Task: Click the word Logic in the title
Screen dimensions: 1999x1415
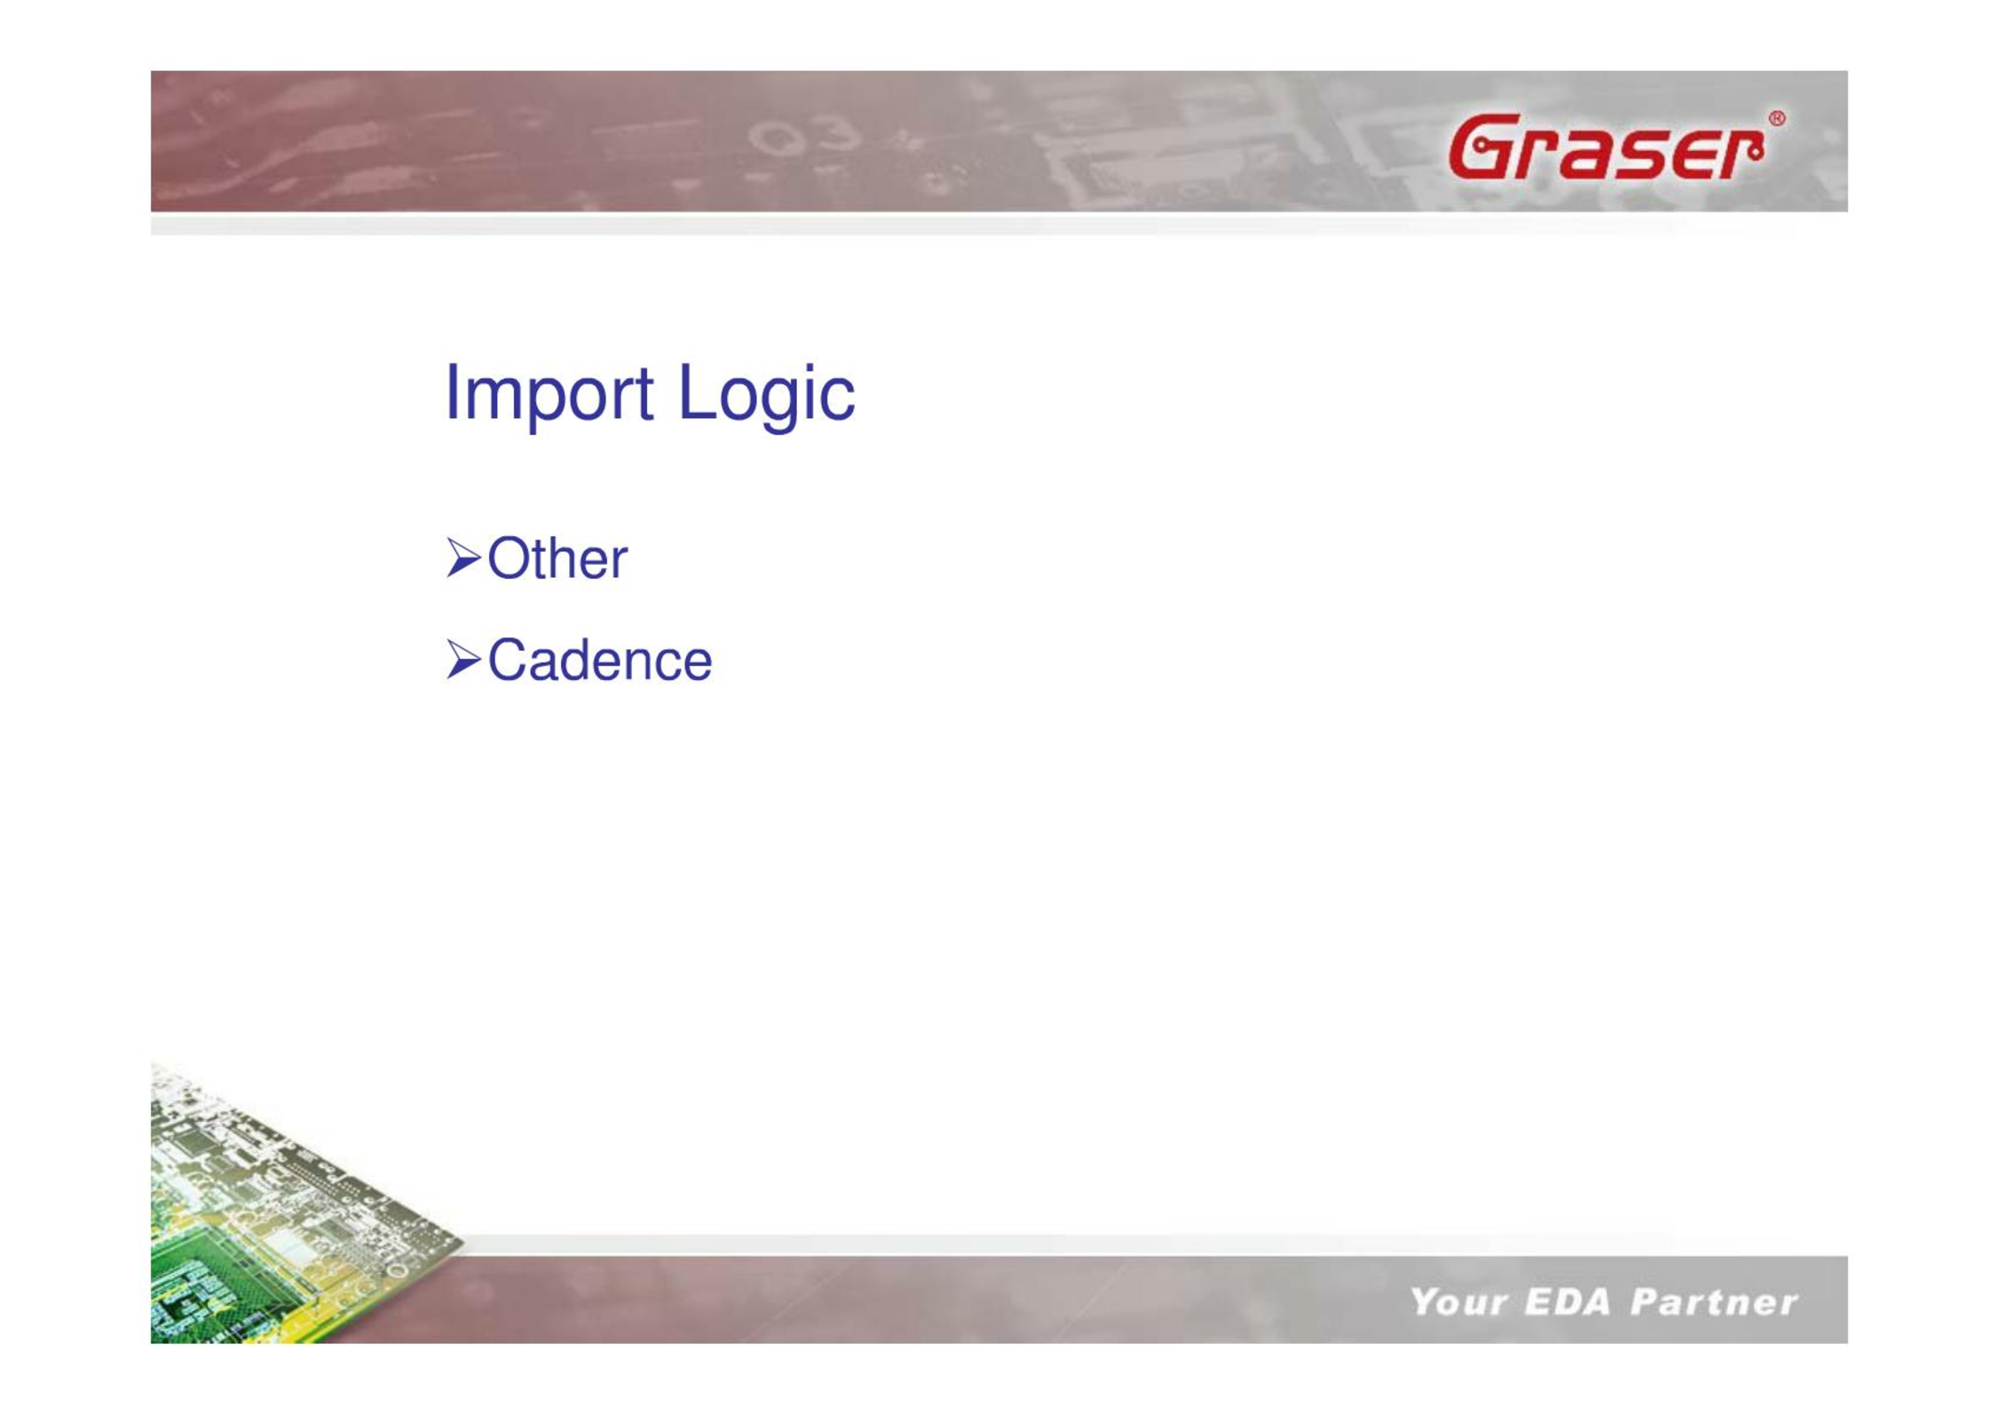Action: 766,395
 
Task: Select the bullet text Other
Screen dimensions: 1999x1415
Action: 557,558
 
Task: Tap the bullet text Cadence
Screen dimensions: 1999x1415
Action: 600,660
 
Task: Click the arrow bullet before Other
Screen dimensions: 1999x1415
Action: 464,558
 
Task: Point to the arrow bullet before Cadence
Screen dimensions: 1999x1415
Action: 464,660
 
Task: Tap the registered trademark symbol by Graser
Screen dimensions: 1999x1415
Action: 1776,119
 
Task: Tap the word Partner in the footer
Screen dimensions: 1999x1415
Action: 1714,1302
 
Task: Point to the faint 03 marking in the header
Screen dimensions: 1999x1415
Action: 803,136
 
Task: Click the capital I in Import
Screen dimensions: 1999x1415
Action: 452,391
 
